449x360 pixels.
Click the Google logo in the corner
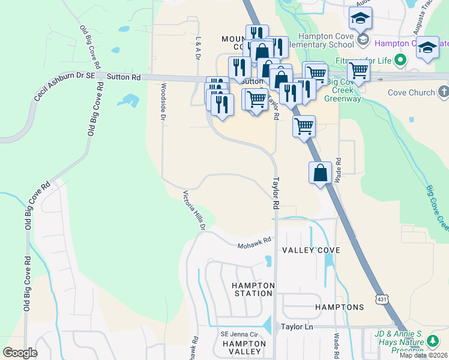tap(20, 353)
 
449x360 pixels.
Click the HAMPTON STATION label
tap(252, 289)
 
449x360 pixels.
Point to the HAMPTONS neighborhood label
tap(339, 307)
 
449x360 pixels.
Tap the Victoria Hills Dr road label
tap(194, 210)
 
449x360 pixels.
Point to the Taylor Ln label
tap(297, 327)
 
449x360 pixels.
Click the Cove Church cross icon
tap(444, 92)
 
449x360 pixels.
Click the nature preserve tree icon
tap(433, 342)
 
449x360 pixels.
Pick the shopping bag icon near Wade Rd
tap(321, 173)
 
